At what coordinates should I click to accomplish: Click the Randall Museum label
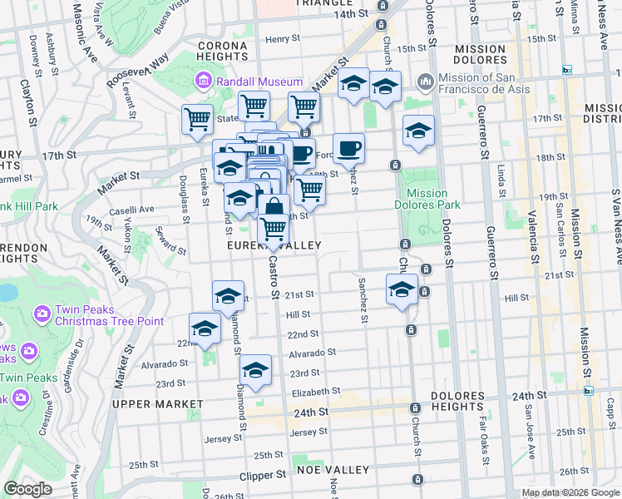259,82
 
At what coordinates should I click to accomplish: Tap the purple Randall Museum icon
203,82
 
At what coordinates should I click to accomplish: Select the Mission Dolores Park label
427,199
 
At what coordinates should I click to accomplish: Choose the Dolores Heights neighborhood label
457,402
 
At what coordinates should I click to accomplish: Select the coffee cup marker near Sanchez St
349,148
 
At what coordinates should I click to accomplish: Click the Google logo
27,488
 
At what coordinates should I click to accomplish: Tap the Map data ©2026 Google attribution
570,492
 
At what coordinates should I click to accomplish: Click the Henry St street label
283,39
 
